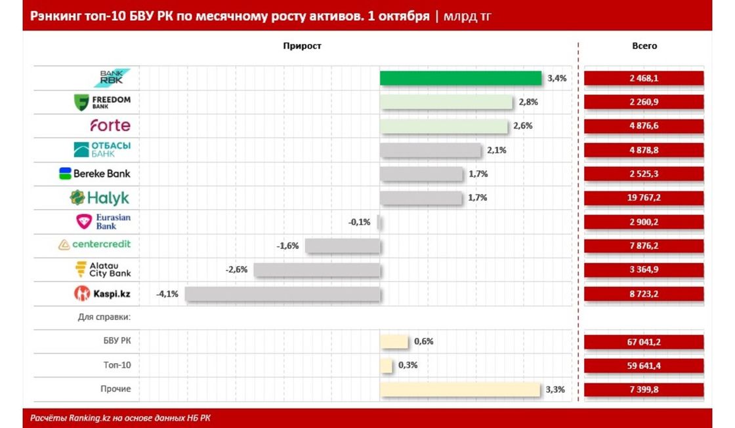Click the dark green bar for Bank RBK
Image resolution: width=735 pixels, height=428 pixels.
coord(460,78)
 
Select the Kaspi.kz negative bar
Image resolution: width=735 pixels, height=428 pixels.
coord(283,294)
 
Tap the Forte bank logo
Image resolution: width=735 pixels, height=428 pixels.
coord(110,125)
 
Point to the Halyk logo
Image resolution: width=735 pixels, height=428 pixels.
coord(100,197)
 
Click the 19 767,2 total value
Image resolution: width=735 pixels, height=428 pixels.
coord(643,198)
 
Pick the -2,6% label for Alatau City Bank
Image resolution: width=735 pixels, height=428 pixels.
coord(236,269)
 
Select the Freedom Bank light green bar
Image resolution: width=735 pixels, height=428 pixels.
coord(446,102)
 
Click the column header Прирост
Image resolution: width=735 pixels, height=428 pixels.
coord(303,46)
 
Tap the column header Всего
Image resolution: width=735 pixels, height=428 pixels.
coord(643,46)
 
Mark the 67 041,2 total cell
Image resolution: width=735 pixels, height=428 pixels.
coord(643,341)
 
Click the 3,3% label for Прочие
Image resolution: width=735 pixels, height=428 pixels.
coord(555,389)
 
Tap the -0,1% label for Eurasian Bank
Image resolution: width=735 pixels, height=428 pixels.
coord(359,222)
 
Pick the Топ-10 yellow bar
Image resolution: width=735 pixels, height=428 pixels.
coord(387,365)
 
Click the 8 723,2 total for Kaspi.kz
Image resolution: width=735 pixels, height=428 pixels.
coord(643,294)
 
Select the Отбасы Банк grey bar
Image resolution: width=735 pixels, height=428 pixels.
coord(430,150)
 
